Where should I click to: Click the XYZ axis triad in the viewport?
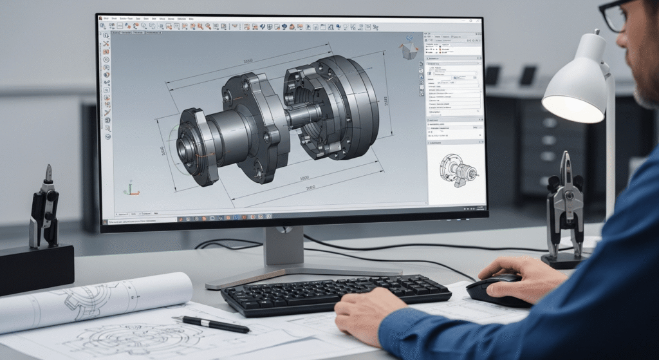[131, 189]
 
